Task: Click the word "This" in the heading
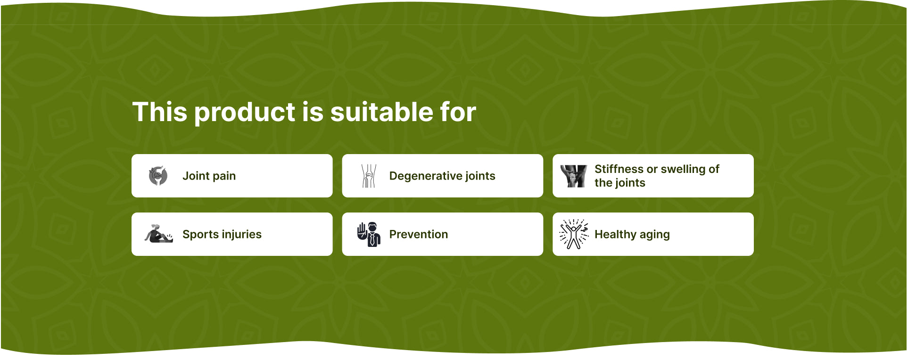(x=160, y=112)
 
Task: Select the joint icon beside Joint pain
(x=158, y=176)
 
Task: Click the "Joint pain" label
(x=209, y=176)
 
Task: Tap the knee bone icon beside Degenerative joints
(x=369, y=176)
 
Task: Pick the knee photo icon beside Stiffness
(x=574, y=176)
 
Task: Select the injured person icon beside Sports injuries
(x=158, y=234)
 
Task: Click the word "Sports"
(x=200, y=235)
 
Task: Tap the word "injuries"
(x=241, y=235)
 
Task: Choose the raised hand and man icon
(x=369, y=234)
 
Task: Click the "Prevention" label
(x=419, y=234)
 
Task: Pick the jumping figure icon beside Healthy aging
(x=574, y=234)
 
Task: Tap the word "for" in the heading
(x=458, y=112)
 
